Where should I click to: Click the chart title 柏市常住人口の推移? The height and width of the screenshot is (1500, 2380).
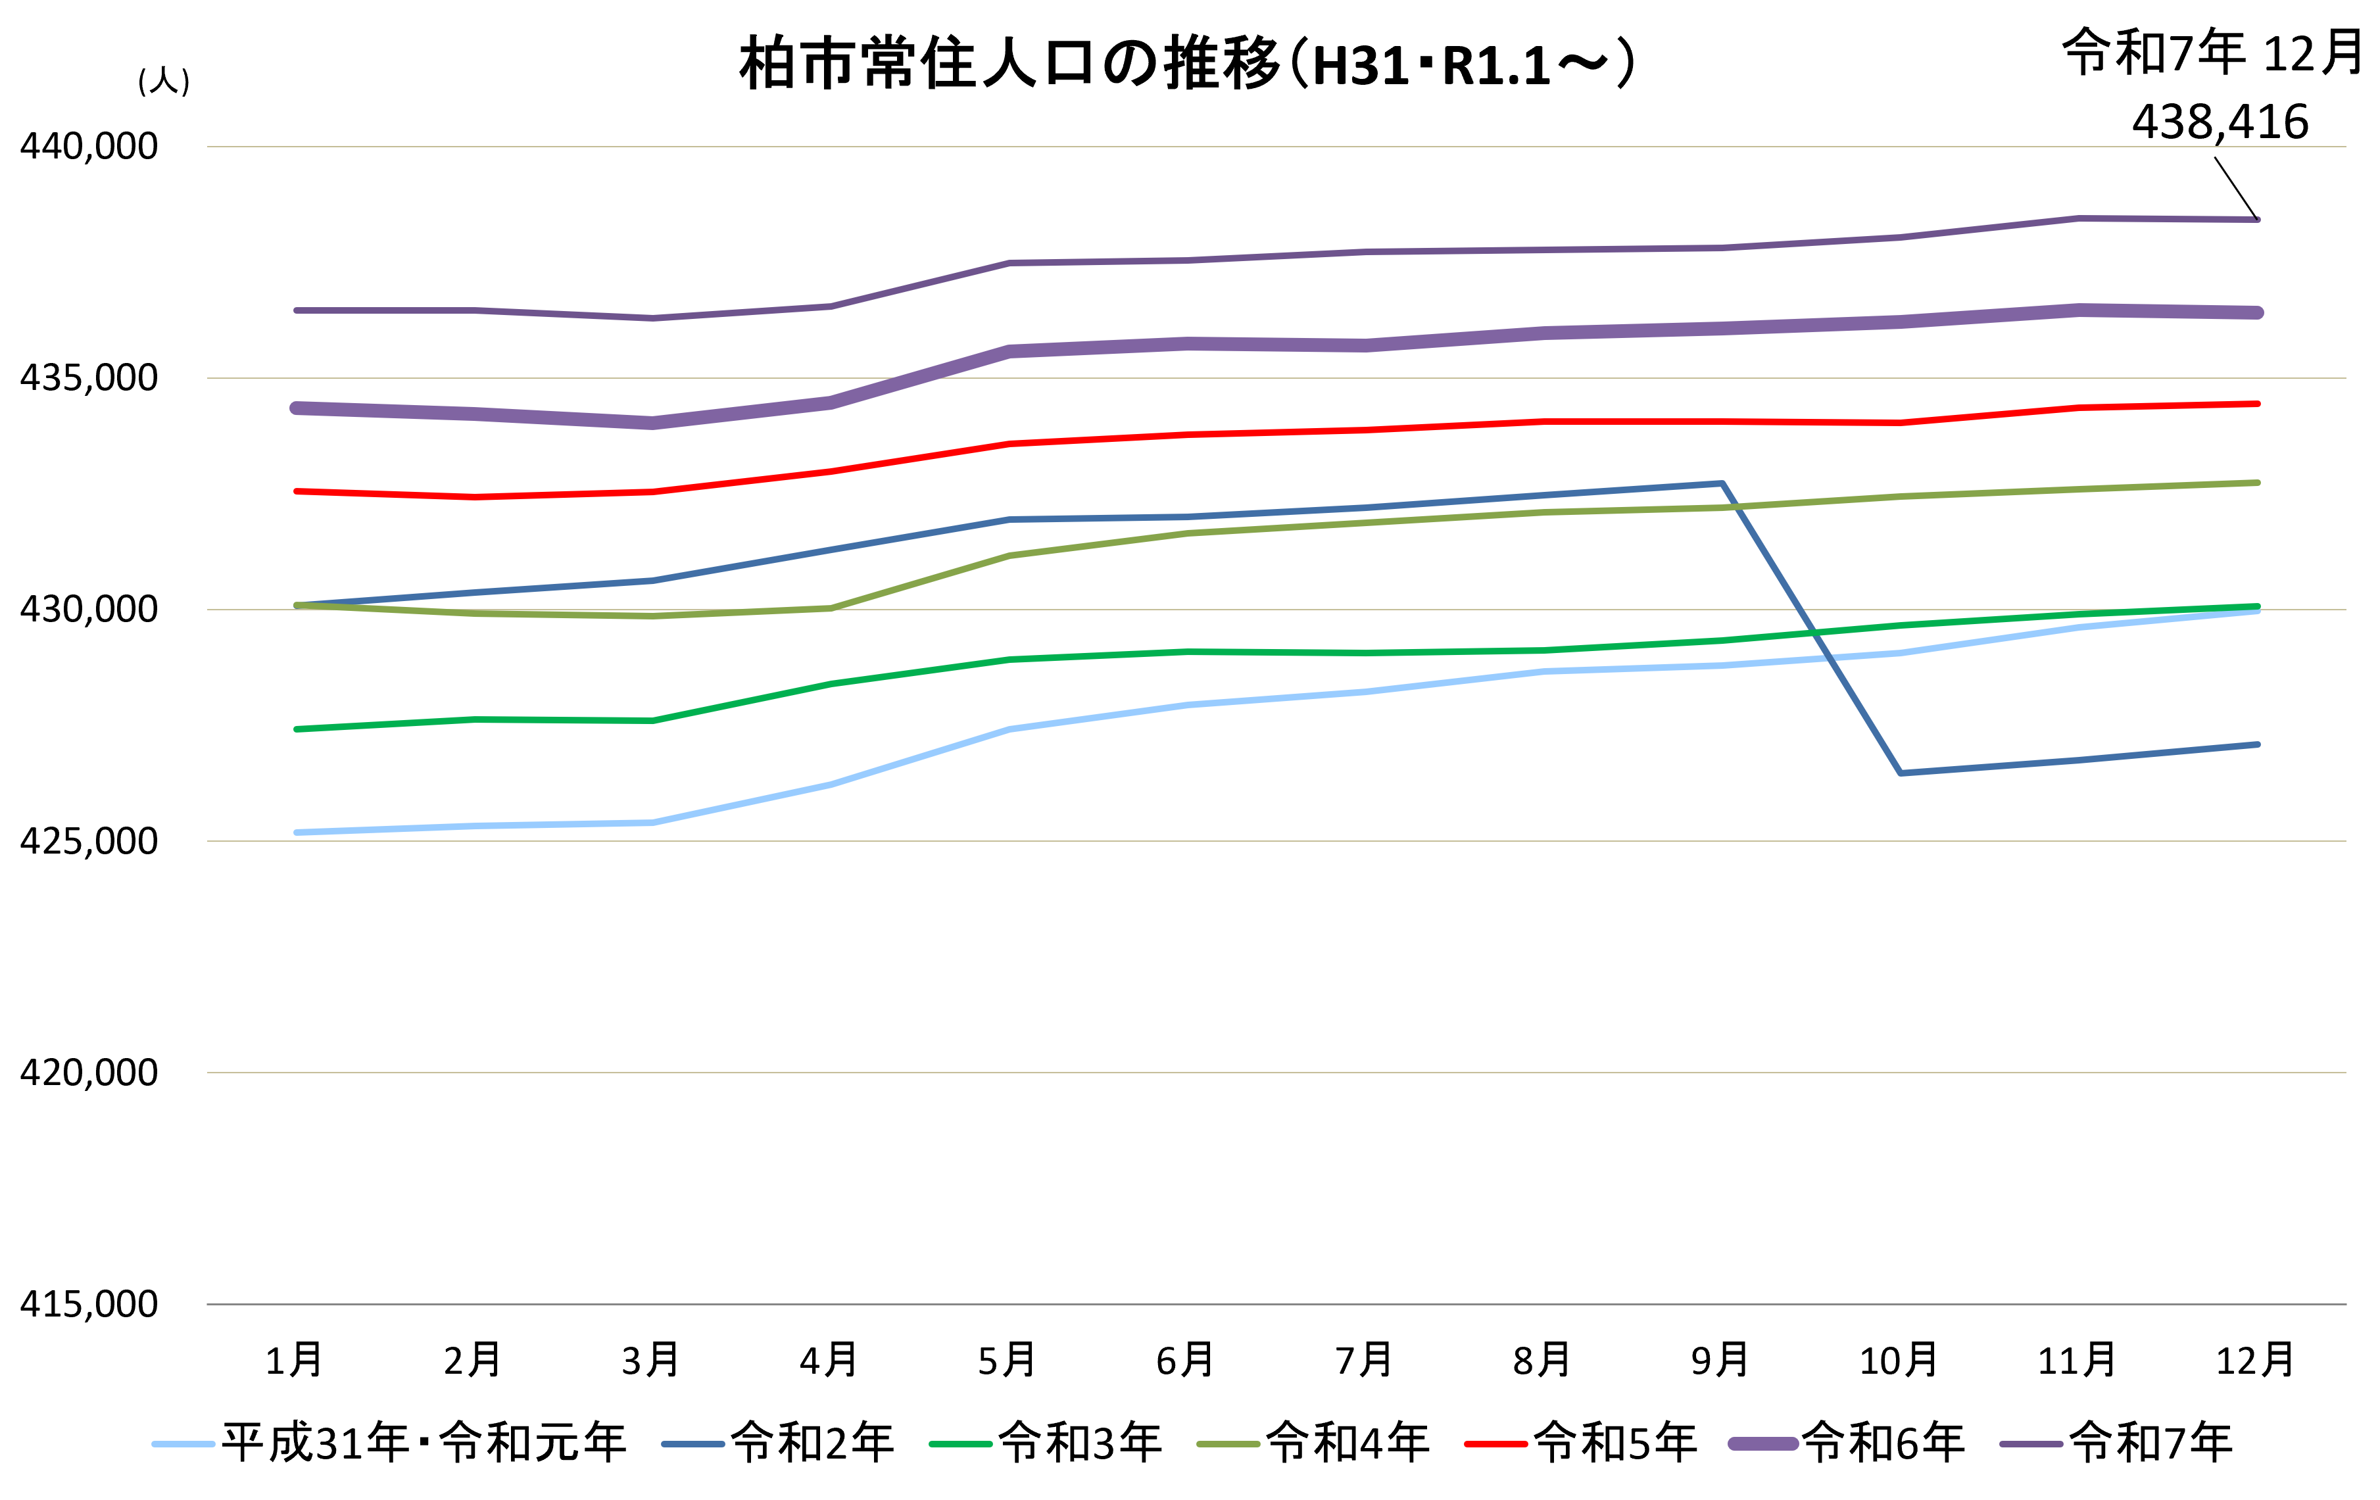(1186, 65)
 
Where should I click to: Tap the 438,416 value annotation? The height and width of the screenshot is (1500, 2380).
(2219, 122)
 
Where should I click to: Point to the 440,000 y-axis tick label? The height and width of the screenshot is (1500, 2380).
(89, 146)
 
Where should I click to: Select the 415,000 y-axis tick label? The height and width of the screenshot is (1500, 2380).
(89, 1304)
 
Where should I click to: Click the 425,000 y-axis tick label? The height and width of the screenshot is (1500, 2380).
(89, 841)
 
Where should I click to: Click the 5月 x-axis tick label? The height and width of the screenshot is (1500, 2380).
(1007, 1361)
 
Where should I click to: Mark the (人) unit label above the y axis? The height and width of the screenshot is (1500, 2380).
(164, 81)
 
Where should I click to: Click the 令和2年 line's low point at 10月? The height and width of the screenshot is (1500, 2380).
(1901, 773)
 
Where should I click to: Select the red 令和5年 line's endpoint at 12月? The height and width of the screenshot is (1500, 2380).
(2258, 403)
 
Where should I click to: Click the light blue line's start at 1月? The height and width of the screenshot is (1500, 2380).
(297, 833)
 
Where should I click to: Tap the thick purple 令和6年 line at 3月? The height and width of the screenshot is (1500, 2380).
(652, 423)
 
